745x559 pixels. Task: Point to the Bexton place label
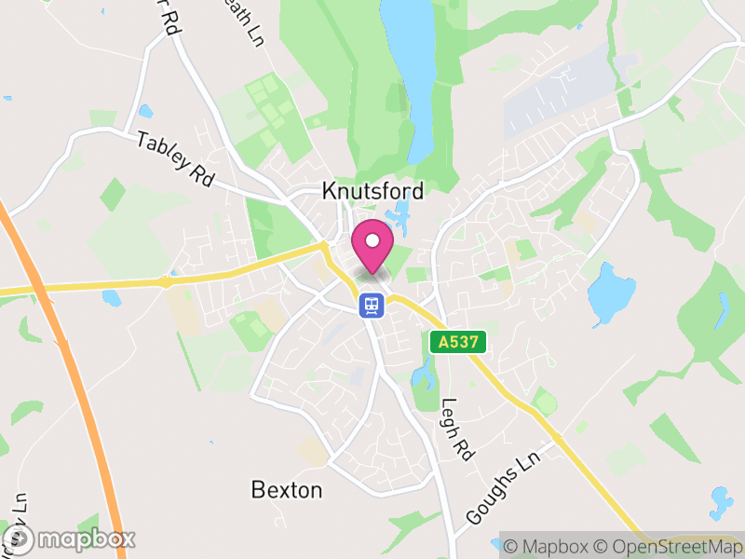pyautogui.click(x=287, y=489)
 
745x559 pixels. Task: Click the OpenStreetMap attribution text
pyautogui.click(x=670, y=546)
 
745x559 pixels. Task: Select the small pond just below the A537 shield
pyautogui.click(x=424, y=375)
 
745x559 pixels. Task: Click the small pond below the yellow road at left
pyautogui.click(x=112, y=298)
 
